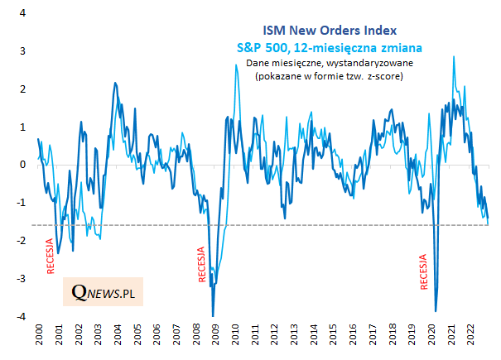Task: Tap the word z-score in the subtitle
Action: [x=386, y=76]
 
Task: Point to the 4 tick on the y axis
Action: [x=22, y=14]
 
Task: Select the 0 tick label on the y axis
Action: [x=22, y=165]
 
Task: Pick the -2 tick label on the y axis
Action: [x=19, y=241]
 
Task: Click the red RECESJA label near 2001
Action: [x=50, y=256]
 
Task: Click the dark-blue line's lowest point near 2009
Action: [x=213, y=315]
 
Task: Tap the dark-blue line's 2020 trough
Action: [x=436, y=310]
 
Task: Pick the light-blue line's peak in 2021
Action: [x=453, y=57]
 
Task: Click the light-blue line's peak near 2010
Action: [x=236, y=65]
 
